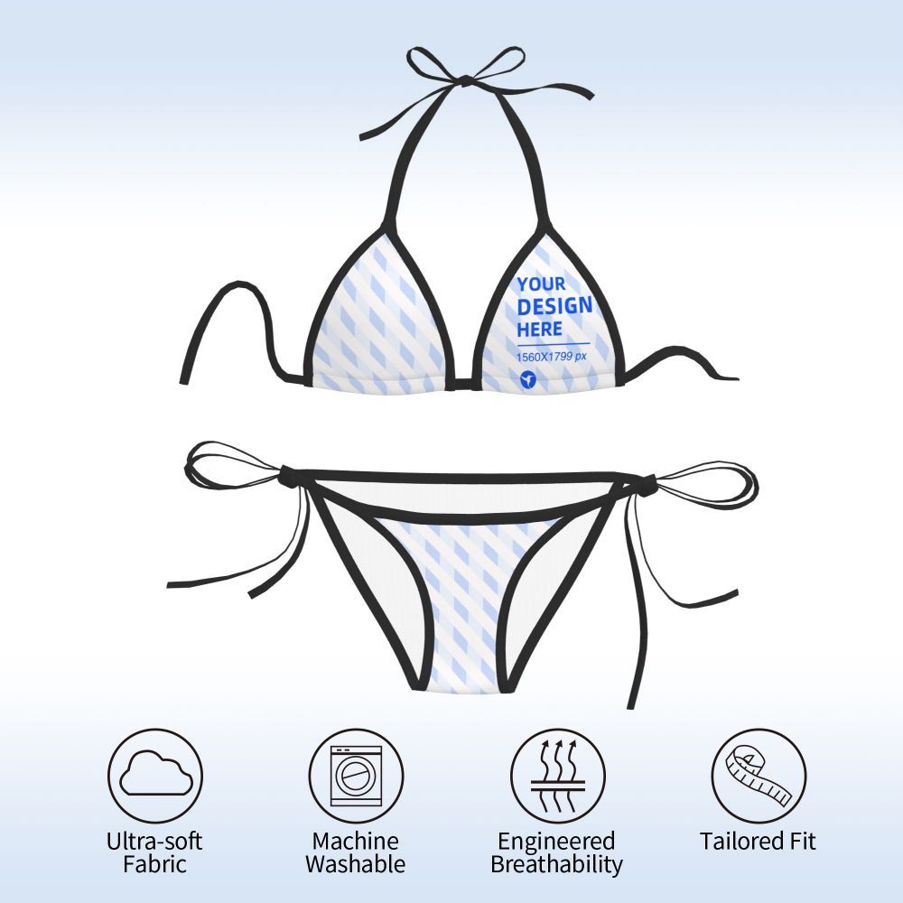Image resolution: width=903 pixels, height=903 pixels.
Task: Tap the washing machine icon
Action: pos(355,776)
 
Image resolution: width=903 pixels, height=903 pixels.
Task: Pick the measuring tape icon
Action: pos(758,776)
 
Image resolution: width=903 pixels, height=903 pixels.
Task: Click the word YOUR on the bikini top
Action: pos(542,284)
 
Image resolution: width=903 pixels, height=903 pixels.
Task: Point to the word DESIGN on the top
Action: pos(554,306)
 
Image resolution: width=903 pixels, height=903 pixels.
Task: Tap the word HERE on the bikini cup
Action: pos(540,328)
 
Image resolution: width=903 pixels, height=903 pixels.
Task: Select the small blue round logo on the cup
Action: pos(528,380)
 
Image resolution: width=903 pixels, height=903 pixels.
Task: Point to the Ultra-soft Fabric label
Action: pos(154,852)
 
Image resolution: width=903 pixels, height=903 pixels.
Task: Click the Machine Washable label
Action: pos(355,852)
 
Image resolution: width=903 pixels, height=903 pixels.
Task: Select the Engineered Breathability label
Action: pos(556,852)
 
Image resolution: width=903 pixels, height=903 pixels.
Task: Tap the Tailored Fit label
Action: pos(758,842)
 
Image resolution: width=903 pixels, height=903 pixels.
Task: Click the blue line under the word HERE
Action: pos(553,344)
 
